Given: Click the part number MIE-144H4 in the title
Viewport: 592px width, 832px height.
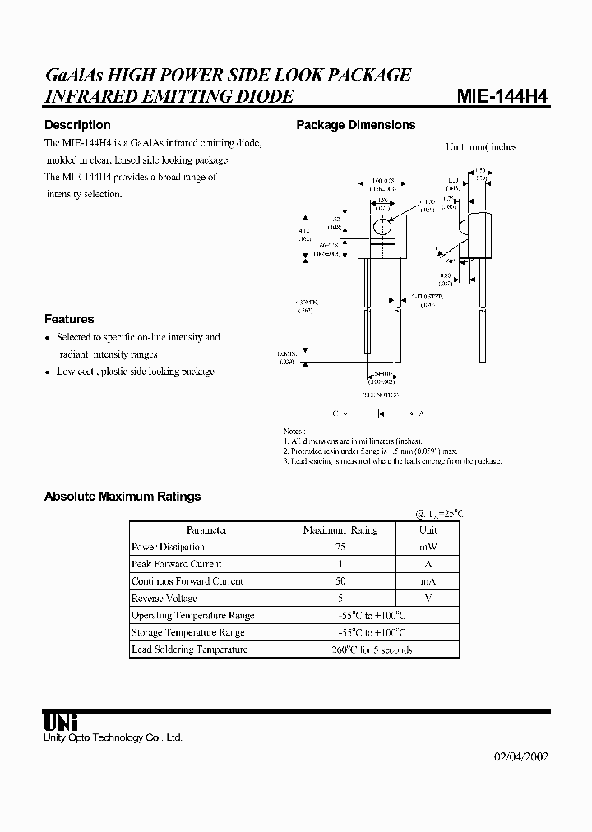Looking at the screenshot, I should click(502, 96).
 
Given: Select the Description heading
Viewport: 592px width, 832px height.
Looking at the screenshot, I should click(77, 125).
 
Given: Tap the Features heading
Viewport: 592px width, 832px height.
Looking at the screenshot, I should click(69, 319).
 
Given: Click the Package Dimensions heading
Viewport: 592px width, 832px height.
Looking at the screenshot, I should click(355, 125).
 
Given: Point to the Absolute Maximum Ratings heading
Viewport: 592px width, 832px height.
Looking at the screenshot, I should click(122, 497).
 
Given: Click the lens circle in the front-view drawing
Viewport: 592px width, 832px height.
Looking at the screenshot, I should click(380, 228).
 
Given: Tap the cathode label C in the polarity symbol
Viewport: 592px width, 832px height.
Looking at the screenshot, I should click(335, 414).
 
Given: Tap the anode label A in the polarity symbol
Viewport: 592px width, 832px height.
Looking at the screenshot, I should click(422, 414).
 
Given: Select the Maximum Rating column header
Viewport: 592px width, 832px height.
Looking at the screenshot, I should click(340, 530).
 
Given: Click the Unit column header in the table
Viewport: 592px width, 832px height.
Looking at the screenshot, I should click(428, 530).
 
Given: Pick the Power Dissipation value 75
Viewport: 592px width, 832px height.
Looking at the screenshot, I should click(340, 547).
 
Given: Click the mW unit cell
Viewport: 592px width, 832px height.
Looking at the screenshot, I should click(428, 547).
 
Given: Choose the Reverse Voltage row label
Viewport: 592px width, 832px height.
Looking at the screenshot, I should click(164, 598).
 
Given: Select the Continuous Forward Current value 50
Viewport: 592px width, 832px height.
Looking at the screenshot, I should click(340, 581).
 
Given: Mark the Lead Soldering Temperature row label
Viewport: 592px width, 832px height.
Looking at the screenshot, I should click(189, 649).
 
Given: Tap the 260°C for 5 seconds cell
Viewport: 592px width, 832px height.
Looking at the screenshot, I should click(371, 649).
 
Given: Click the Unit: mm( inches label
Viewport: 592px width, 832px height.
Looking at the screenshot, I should click(481, 147).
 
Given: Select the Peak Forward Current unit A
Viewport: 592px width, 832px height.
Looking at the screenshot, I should click(428, 564).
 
